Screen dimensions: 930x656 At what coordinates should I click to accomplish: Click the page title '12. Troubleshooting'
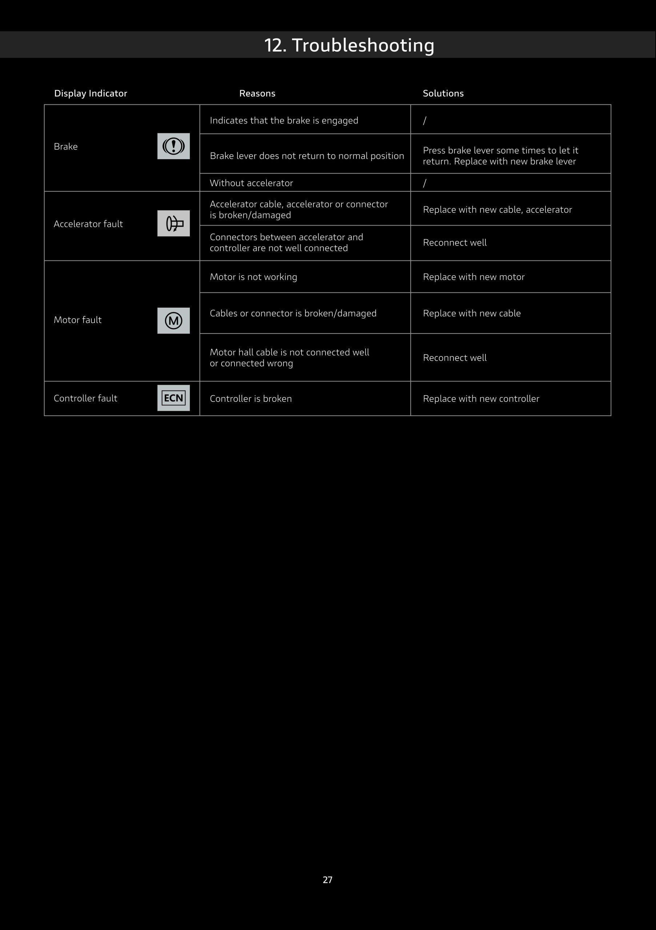pyautogui.click(x=349, y=45)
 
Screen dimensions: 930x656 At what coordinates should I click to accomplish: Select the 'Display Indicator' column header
pyautogui.click(x=91, y=93)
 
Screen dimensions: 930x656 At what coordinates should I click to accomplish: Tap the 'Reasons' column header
pyautogui.click(x=257, y=93)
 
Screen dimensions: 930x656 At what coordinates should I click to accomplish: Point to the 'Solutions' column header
pyautogui.click(x=443, y=93)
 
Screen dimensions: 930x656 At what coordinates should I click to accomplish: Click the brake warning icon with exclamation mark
pyautogui.click(x=173, y=146)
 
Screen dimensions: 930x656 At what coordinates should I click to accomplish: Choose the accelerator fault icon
pyautogui.click(x=173, y=223)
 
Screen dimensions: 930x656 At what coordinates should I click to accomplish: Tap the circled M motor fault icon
pyautogui.click(x=173, y=320)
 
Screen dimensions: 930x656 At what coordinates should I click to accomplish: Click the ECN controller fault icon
pyautogui.click(x=173, y=398)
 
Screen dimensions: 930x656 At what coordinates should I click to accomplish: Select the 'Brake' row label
pyautogui.click(x=66, y=146)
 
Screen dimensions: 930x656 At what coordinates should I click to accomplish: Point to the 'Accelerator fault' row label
pyautogui.click(x=88, y=223)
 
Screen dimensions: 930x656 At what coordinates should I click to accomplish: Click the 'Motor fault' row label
pyautogui.click(x=77, y=320)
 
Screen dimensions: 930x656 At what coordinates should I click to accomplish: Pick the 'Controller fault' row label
pyautogui.click(x=85, y=398)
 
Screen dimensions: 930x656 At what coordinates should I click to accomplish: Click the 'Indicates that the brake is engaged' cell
pyautogui.click(x=284, y=120)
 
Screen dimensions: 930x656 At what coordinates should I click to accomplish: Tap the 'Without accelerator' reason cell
pyautogui.click(x=251, y=183)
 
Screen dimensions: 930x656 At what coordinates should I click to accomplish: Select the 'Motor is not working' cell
pyautogui.click(x=253, y=277)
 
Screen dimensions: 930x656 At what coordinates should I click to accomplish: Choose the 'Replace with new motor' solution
pyautogui.click(x=473, y=277)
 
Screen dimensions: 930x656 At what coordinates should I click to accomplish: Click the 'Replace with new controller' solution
pyautogui.click(x=481, y=399)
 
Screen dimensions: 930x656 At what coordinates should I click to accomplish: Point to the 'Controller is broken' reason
pyautogui.click(x=251, y=399)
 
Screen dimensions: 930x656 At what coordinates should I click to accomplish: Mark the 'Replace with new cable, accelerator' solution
pyautogui.click(x=497, y=209)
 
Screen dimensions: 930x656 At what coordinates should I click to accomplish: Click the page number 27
pyautogui.click(x=328, y=880)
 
